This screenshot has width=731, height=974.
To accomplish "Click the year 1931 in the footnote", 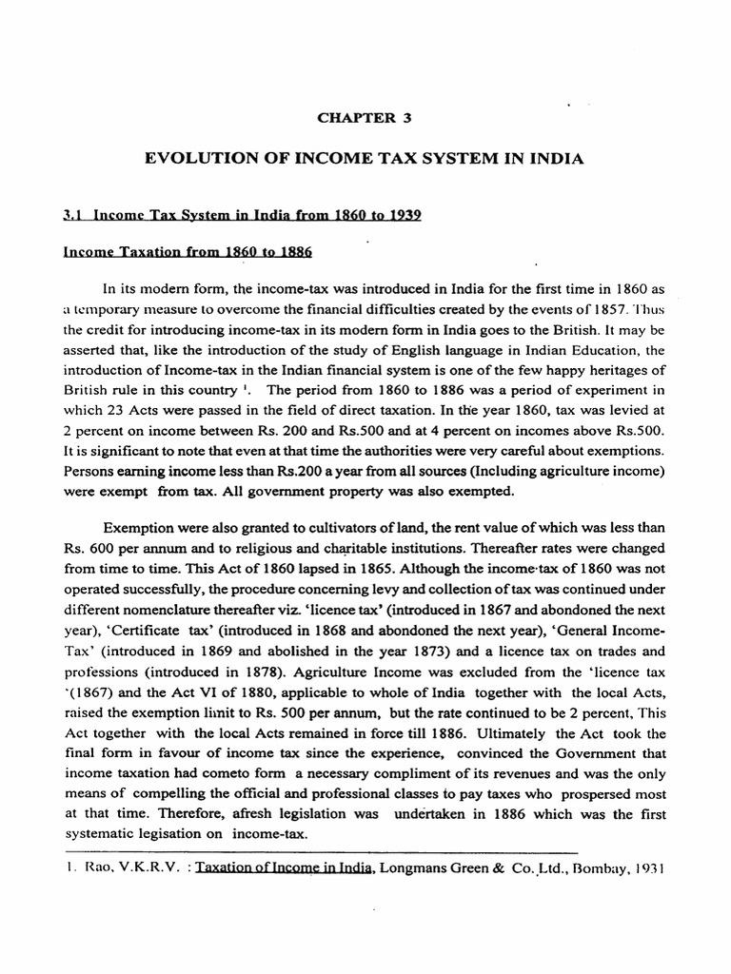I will (629, 868).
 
